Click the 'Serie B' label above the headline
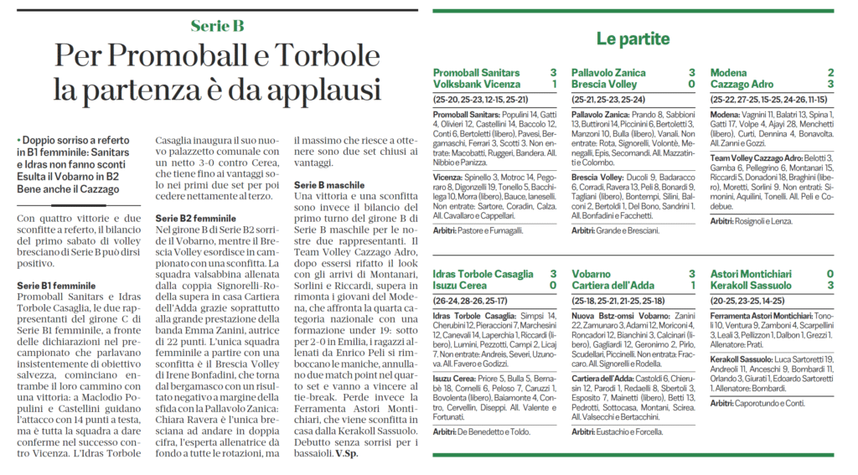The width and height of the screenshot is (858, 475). pyautogui.click(x=217, y=26)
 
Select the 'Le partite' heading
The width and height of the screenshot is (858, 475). pyautogui.click(x=633, y=39)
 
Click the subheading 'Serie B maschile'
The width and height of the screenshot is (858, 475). pyautogui.click(x=328, y=183)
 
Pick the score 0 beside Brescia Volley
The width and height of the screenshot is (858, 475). pyautogui.click(x=691, y=85)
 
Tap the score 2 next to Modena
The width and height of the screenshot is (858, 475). pyautogui.click(x=830, y=73)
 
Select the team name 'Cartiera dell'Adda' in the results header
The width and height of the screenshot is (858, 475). pyautogui.click(x=618, y=286)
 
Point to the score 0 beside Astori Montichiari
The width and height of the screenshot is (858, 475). pyautogui.click(x=830, y=274)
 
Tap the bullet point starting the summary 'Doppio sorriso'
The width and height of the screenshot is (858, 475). pyautogui.click(x=18, y=139)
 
